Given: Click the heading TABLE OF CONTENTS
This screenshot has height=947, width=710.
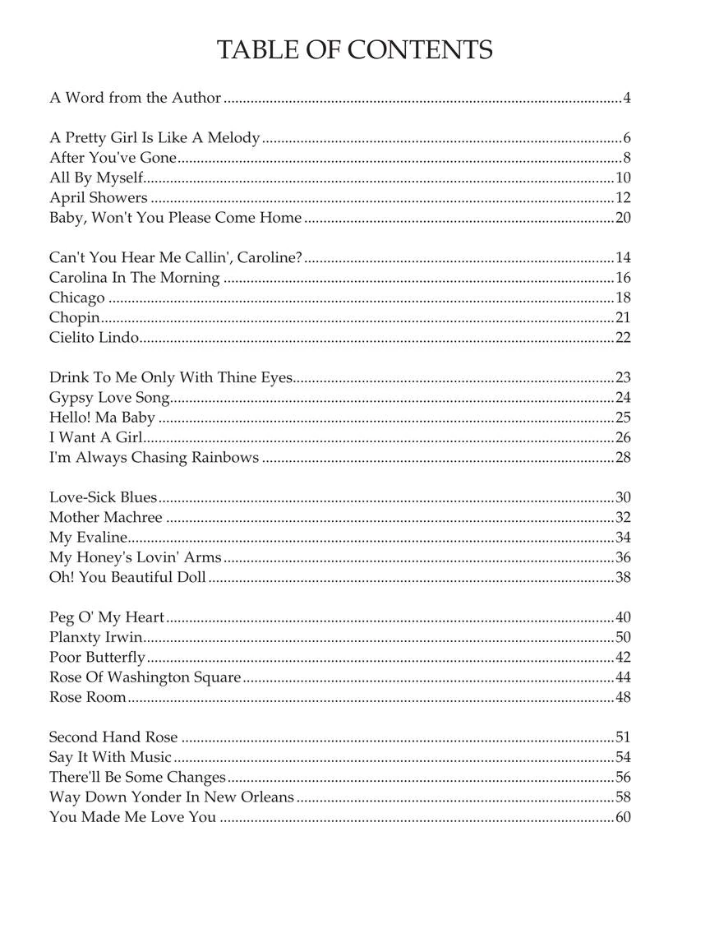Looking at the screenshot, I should tap(354, 50).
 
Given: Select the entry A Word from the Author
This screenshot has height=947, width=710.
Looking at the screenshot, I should tap(135, 98).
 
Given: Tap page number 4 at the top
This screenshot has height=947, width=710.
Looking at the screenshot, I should tap(626, 99).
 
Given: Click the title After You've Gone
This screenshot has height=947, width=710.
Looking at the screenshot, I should tap(113, 158).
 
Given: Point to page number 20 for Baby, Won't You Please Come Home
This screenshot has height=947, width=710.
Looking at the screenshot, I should tap(622, 218).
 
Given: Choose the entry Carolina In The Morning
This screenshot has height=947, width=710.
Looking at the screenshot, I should tap(134, 278).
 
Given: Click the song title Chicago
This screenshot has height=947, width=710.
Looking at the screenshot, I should tap(77, 298).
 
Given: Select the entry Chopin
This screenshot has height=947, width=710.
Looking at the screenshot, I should tap(74, 318).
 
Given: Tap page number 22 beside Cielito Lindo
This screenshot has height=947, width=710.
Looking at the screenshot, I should tap(622, 338).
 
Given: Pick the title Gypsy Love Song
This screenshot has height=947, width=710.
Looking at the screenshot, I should tap(109, 398).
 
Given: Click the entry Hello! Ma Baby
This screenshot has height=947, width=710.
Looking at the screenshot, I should tap(102, 418).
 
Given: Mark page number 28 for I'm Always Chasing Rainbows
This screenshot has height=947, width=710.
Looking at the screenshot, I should tap(622, 458).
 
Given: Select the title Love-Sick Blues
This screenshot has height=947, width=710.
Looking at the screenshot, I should tap(103, 497).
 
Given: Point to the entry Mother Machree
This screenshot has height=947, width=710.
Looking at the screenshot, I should tap(106, 518).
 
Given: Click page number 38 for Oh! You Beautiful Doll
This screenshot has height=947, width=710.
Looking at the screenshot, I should tap(622, 578).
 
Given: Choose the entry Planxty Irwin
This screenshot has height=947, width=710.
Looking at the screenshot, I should tap(95, 638).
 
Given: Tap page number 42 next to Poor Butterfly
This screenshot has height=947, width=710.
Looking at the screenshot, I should tap(622, 658).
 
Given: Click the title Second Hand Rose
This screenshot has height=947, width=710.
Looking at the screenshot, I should tap(113, 737).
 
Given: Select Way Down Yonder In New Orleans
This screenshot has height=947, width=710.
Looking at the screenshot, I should tap(171, 797).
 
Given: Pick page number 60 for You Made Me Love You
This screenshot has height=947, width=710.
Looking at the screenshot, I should tap(622, 817).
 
